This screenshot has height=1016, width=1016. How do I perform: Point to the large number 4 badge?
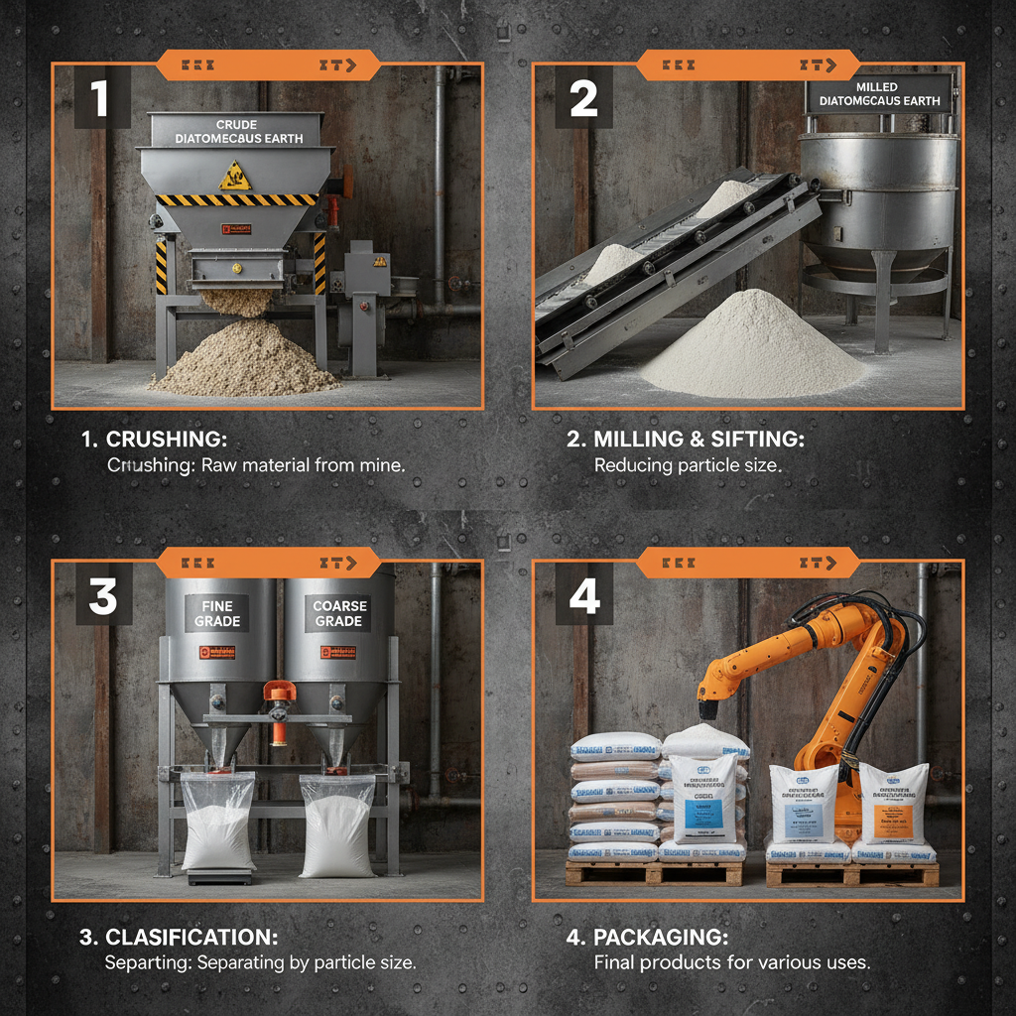[x=584, y=596]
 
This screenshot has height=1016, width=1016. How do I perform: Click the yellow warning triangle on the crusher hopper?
[x=235, y=176]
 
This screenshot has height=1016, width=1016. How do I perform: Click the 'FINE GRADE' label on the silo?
[x=217, y=613]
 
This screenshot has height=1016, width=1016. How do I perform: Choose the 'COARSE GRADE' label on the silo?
[x=339, y=613]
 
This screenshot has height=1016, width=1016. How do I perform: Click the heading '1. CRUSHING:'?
[x=157, y=439]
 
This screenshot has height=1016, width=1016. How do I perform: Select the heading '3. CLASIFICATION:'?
[x=179, y=937]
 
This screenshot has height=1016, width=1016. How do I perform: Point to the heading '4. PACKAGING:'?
[x=660, y=937]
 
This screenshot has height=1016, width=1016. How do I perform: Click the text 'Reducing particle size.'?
[x=687, y=464]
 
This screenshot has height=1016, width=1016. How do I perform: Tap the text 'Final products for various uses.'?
[x=730, y=962]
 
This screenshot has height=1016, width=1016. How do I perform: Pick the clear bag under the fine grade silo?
[x=217, y=821]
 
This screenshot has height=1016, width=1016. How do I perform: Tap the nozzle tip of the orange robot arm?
[x=708, y=711]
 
